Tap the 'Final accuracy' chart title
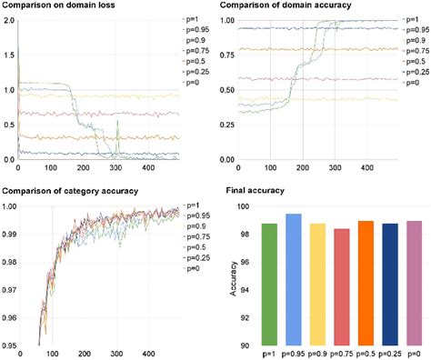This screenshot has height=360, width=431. [x=257, y=191]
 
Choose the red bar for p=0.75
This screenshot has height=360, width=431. [x=336, y=286]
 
